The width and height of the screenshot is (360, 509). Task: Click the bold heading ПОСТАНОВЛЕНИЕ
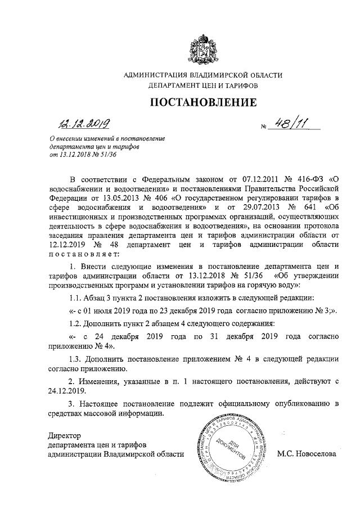click(202, 102)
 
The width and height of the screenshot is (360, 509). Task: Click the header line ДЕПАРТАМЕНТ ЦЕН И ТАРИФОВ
click(202, 87)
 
